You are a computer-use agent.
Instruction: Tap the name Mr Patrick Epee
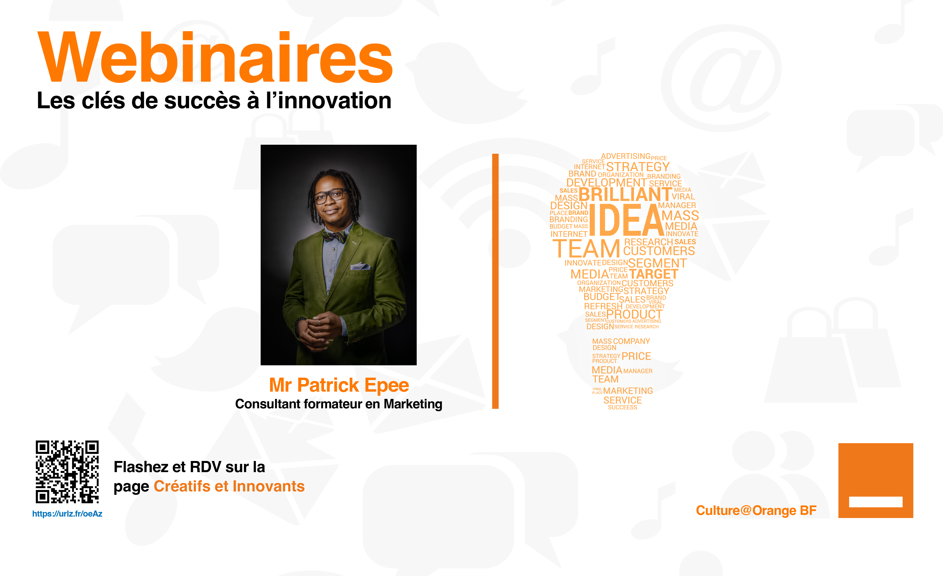coord(339,385)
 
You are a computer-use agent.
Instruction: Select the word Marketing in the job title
coord(413,404)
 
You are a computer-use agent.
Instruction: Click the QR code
coord(67,472)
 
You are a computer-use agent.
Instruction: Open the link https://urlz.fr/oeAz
coord(67,514)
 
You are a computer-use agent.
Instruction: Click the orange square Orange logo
coord(876,480)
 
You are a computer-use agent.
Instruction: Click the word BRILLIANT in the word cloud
coord(625,194)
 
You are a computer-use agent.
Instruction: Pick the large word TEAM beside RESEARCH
coord(586,249)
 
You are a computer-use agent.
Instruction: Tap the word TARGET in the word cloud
coord(653,274)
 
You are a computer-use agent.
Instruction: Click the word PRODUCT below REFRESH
coord(634,314)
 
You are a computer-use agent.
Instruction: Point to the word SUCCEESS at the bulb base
coord(623,408)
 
